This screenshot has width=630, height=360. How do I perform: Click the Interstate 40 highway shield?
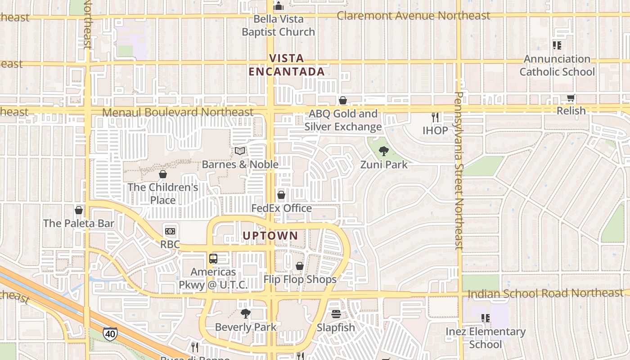(110, 333)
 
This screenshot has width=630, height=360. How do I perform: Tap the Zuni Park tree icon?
(383, 151)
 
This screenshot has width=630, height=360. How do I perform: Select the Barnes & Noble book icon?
(240, 151)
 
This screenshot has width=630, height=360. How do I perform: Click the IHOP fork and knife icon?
(435, 117)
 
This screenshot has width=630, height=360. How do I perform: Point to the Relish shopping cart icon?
(571, 98)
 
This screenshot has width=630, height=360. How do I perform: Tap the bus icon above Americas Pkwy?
(213, 259)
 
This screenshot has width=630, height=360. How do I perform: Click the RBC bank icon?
(170, 231)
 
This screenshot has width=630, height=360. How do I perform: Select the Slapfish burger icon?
(336, 314)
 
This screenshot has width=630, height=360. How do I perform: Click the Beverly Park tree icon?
(245, 314)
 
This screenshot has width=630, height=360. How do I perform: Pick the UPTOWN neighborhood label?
(270, 235)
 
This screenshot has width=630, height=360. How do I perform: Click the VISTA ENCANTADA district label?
(287, 65)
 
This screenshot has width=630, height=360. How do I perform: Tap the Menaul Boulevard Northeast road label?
(178, 112)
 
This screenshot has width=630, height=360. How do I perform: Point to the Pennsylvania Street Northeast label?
(459, 171)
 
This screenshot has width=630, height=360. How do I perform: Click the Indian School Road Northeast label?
(545, 293)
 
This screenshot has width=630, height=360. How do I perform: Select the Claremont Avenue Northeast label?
(414, 16)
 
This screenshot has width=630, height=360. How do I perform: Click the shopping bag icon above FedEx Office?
(281, 195)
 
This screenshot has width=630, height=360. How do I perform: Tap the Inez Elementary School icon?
(485, 318)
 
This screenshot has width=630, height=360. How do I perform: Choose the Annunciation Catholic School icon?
(557, 45)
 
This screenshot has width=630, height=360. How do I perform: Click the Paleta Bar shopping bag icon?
(79, 210)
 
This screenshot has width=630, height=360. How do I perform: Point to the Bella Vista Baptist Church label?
(279, 26)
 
